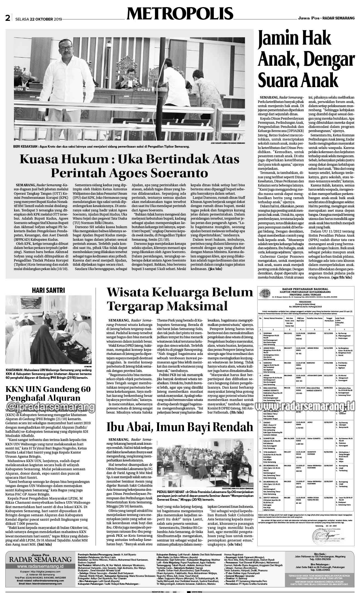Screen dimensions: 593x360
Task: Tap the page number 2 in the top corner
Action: [x=8, y=19]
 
